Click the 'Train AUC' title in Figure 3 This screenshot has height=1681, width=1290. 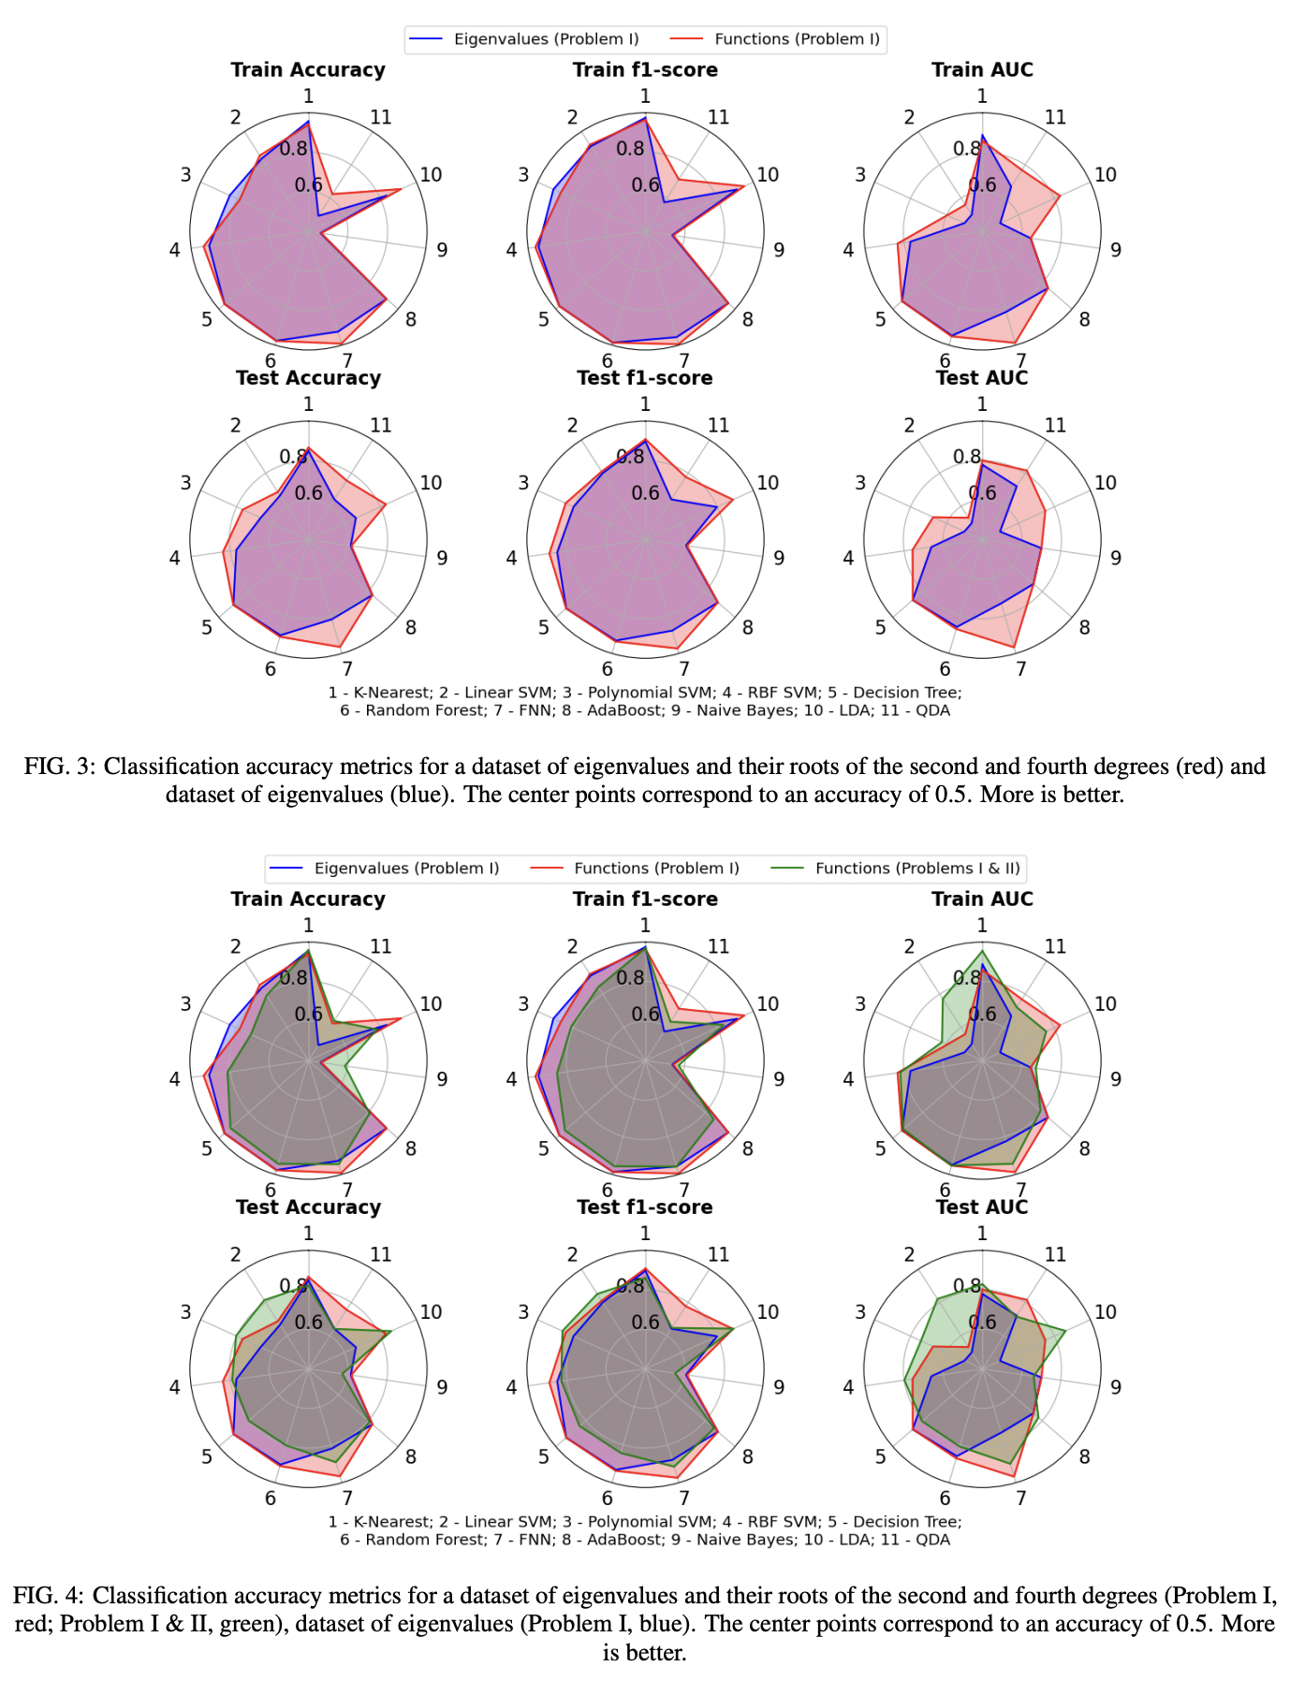coord(982,70)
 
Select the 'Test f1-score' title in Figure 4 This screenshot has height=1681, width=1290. coord(644,1207)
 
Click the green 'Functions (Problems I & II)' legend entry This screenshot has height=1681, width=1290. coord(917,869)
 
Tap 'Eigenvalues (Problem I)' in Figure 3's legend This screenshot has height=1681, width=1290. coord(546,39)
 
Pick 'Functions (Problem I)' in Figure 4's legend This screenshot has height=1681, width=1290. coord(656,869)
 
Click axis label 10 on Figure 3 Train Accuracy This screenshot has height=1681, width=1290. coord(431,175)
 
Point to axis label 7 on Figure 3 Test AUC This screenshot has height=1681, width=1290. coord(1020,669)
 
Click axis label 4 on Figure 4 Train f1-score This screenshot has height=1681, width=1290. coord(511,1079)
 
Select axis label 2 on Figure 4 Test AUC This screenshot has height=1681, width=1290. coord(909,1255)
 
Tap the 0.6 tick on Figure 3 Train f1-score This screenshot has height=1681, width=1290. coord(645,185)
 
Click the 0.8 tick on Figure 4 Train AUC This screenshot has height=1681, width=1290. coord(967,978)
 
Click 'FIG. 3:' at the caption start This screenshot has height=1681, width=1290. coord(60,767)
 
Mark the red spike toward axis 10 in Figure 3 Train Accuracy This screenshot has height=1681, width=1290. coord(401,190)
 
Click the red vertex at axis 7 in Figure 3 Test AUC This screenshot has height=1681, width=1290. coord(1015,647)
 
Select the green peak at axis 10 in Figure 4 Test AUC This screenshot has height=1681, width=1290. coord(1064,1331)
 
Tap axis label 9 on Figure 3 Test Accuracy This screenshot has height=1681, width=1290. coord(442,558)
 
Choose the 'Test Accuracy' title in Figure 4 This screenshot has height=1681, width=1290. coord(308,1207)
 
